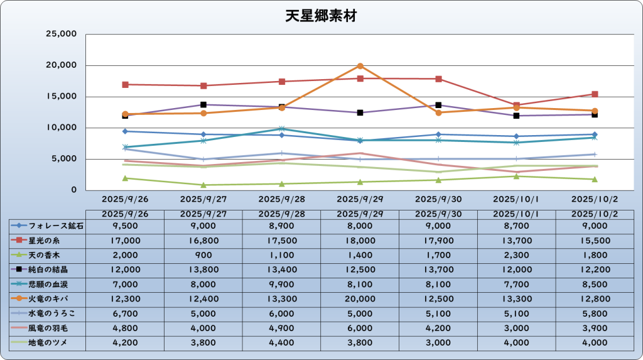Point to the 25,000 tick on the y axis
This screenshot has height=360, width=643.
point(62,34)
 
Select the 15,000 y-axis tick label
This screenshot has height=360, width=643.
point(62,96)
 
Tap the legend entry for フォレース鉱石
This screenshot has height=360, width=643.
point(47,225)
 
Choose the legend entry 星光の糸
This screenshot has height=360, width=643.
point(47,239)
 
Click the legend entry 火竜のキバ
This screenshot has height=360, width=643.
point(47,298)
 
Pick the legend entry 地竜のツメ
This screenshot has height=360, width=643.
point(47,342)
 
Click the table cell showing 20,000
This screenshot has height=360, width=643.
point(360,298)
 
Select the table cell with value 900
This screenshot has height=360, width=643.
point(203,254)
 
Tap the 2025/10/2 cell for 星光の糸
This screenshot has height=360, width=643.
point(595,239)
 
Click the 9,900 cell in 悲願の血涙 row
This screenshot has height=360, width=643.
point(281,284)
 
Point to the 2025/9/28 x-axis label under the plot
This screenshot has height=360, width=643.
point(281,199)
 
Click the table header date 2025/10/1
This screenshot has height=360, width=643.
point(516,214)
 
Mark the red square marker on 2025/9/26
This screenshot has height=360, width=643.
point(126,84)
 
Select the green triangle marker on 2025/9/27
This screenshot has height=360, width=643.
point(203,185)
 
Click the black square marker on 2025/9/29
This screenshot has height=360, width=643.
point(360,112)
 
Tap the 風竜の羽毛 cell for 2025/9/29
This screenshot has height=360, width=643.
point(360,328)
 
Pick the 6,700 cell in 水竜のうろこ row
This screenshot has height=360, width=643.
point(125,313)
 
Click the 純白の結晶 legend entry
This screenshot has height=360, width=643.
point(47,269)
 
